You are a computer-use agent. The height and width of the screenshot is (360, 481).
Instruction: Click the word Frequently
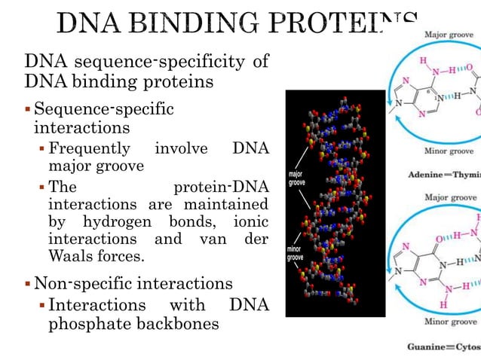89,148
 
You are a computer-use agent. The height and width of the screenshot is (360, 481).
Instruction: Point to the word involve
180,148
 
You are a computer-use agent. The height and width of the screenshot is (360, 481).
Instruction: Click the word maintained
231,205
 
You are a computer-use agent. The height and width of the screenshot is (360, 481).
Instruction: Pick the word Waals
74,256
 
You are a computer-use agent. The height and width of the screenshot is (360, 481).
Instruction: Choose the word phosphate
86,324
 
